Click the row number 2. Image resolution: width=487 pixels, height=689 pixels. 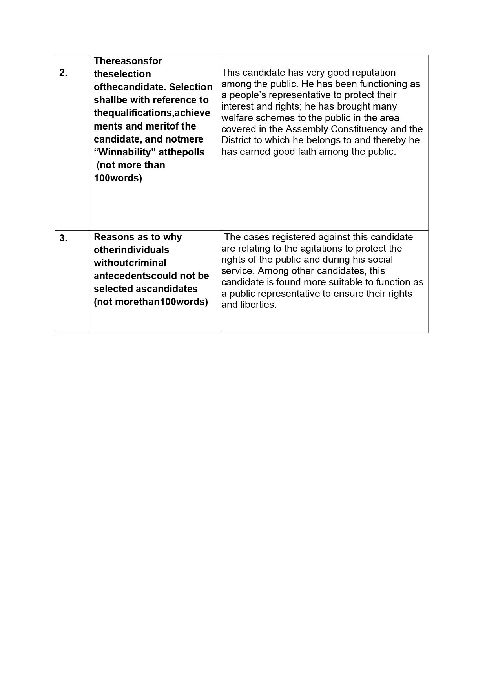[63, 73]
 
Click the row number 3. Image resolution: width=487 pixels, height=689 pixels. [63, 238]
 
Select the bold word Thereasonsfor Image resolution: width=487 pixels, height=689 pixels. [128, 61]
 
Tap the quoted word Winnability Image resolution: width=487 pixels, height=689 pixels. [122, 152]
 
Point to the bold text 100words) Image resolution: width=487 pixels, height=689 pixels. [118, 178]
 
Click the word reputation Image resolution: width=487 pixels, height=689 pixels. [374, 73]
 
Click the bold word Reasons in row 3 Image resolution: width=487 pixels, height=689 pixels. [113, 237]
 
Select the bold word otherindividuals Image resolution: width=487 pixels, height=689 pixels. [131, 250]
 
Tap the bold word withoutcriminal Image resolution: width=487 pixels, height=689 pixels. [130, 263]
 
